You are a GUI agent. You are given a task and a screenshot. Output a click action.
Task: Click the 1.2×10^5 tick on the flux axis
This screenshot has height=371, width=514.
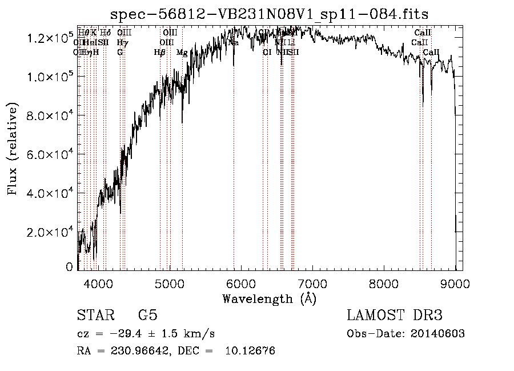click(x=50, y=38)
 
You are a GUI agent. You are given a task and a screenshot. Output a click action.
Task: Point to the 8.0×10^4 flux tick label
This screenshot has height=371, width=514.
click(x=50, y=116)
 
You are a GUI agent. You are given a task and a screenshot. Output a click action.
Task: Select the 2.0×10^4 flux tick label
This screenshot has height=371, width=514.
click(x=50, y=232)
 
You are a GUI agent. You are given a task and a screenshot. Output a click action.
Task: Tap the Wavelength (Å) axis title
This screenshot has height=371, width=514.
click(x=269, y=298)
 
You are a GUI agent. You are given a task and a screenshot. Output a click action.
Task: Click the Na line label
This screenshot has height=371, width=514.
click(x=234, y=42)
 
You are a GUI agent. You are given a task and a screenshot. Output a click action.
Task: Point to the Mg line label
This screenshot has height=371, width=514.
click(x=182, y=53)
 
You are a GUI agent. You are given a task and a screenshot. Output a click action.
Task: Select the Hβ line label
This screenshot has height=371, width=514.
click(x=159, y=53)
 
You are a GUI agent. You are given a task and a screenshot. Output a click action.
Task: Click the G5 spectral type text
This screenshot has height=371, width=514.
click(x=148, y=316)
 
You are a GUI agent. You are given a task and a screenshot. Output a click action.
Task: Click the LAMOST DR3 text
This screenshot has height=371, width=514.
click(x=395, y=316)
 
